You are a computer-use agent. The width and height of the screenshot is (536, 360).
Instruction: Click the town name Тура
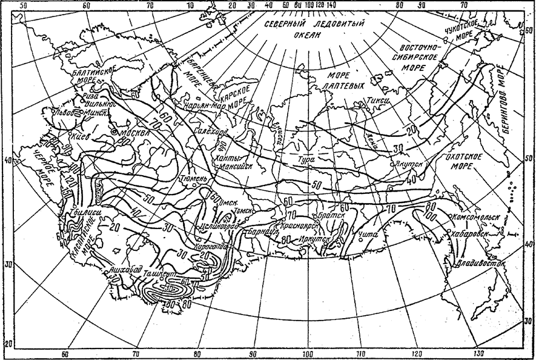tap(308, 161)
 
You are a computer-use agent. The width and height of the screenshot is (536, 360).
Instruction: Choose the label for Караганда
tap(211, 247)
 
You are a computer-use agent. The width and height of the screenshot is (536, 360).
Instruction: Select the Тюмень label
tap(194, 180)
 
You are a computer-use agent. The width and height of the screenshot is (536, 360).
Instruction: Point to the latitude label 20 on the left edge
tap(7, 344)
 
